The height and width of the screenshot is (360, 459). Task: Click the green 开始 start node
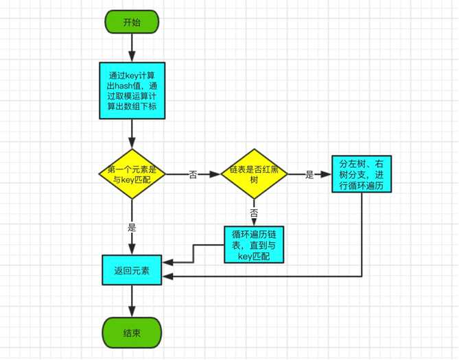pos(132,22)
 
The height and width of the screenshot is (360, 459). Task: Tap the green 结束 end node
pos(132,333)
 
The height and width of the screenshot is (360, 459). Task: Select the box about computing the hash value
pos(132,91)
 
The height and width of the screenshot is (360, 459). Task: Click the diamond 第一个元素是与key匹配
pos(132,174)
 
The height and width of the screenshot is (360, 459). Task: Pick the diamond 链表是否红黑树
pos(254,174)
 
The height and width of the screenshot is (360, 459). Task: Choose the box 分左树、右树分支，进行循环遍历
pos(362,174)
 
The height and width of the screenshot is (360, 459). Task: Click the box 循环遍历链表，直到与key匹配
pos(254,245)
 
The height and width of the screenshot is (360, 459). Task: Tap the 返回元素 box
pos(132,270)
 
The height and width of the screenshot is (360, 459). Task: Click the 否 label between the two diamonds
pos(193,174)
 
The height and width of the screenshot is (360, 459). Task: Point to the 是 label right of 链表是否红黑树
pos(309,174)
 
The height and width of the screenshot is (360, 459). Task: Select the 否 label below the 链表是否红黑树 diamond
pos(254,213)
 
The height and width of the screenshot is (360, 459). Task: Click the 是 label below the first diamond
pos(132,228)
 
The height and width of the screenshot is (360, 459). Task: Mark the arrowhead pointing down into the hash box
pos(132,57)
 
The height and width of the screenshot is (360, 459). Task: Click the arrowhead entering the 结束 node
pos(132,312)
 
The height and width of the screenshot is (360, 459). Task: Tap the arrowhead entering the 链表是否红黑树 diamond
pos(215,174)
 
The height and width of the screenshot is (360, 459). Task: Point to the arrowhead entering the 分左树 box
pos(326,174)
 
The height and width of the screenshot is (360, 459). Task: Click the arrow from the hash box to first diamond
pos(132,134)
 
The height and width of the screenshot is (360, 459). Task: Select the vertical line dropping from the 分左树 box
pos(362,235)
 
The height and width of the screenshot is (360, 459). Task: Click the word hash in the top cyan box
pos(124,86)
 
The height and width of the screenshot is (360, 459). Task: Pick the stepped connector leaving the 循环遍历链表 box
pos(193,254)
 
